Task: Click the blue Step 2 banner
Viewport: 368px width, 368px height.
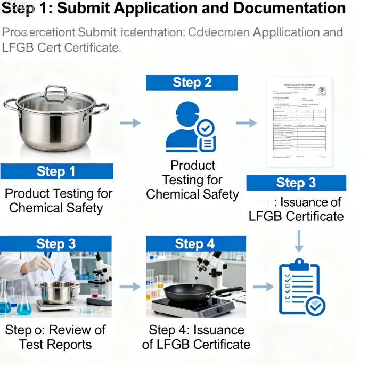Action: pos(192,83)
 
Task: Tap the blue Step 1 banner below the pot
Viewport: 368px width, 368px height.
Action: pos(56,171)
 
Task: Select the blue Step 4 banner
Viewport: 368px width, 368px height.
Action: pos(195,244)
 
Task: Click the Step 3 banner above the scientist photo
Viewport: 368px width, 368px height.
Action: pos(56,244)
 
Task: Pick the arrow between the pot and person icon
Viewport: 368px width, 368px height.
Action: pos(129,124)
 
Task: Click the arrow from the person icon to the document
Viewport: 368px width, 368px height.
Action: pos(246,124)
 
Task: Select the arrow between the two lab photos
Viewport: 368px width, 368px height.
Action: pos(129,287)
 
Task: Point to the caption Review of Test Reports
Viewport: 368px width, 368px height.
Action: pos(55,337)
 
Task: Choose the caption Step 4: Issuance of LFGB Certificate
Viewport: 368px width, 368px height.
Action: pos(196,337)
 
